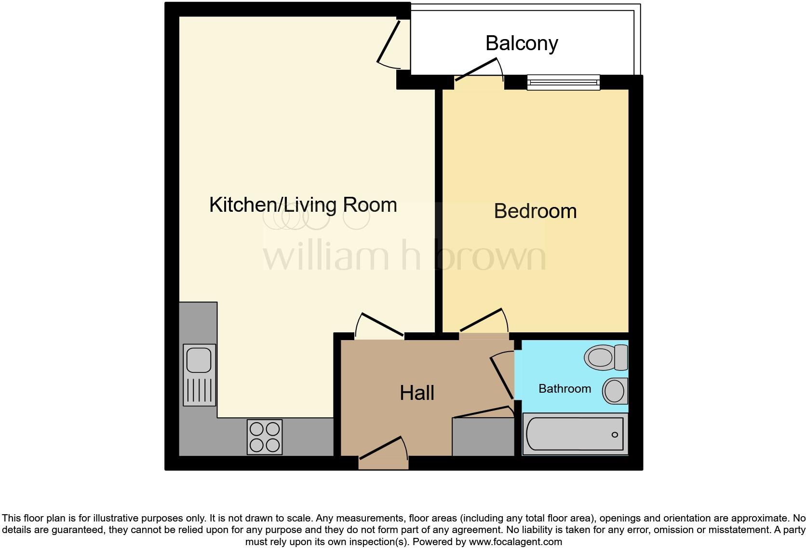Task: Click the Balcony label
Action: click(522, 43)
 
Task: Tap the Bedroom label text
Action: click(535, 211)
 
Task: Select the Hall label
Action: click(417, 393)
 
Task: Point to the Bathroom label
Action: click(564, 389)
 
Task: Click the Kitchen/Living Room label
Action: click(303, 205)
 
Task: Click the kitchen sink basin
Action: click(199, 359)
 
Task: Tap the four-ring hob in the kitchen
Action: click(265, 437)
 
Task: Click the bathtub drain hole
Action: click(615, 435)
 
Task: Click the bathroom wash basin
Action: click(615, 391)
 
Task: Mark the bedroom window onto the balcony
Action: click(563, 82)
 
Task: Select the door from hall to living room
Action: click(380, 325)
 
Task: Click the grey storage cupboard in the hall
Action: click(483, 437)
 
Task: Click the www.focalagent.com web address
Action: click(515, 542)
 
